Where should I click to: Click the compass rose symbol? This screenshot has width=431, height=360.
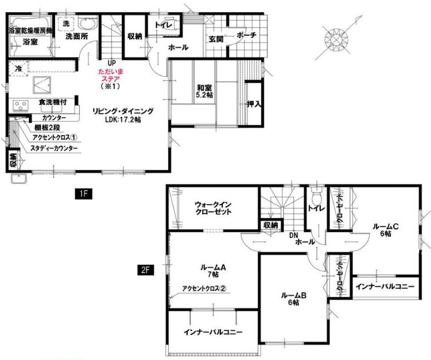(336, 39)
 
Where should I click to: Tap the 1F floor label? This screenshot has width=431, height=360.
(84, 193)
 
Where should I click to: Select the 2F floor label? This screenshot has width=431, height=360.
(145, 270)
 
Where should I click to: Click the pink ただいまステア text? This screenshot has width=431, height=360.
(111, 76)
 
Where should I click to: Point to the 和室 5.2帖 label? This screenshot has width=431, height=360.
(204, 91)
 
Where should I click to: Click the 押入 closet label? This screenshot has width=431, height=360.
(254, 104)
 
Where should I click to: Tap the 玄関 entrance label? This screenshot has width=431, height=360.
(215, 39)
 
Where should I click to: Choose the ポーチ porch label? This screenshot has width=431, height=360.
(246, 35)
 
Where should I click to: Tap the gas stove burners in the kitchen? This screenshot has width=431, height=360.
(21, 106)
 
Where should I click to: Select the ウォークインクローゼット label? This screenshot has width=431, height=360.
(213, 208)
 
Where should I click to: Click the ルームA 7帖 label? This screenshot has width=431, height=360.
(213, 270)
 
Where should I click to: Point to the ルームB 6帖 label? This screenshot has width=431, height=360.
(294, 299)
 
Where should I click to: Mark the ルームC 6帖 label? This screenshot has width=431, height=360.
(386, 230)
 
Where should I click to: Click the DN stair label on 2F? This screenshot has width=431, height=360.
(294, 235)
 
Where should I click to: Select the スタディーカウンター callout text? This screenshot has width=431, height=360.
(54, 149)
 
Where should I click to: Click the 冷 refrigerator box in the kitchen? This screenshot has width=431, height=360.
(18, 68)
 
